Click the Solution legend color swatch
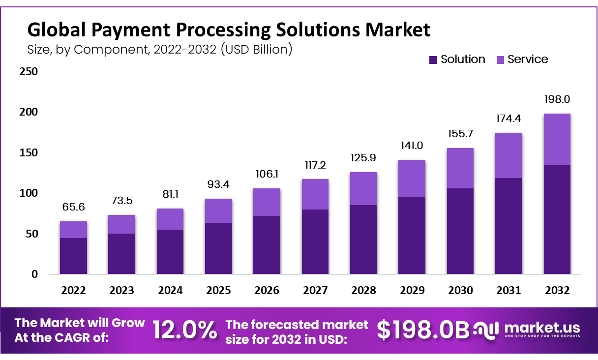click(433, 60)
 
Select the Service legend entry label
click(528, 60)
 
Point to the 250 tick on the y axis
click(28, 72)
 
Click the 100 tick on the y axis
click(28, 193)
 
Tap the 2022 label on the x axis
click(73, 290)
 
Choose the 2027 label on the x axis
click(315, 290)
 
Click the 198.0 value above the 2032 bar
click(557, 99)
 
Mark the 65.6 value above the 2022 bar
click(73, 207)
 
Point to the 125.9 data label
click(363, 158)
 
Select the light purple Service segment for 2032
click(557, 139)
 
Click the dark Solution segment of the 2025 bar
click(218, 248)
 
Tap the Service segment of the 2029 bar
click(412, 178)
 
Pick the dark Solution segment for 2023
click(121, 254)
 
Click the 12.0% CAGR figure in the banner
click(184, 330)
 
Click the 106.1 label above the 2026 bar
click(267, 175)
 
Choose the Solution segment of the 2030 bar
click(460, 231)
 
